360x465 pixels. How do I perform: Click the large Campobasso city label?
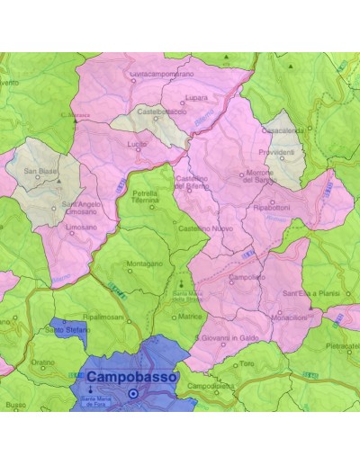[132, 378]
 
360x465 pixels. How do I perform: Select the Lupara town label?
[195, 96]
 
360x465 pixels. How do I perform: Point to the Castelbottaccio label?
[163, 112]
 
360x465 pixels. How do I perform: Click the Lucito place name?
[138, 144]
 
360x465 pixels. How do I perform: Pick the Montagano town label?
[144, 264]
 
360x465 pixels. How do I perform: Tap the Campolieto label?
[247, 278]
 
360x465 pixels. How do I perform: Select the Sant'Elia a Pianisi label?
[308, 293]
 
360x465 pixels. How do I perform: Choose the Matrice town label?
[189, 317]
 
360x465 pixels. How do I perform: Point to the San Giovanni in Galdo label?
[233, 337]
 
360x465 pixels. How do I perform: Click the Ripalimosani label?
[101, 317]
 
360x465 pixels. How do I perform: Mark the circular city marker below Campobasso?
[133, 393]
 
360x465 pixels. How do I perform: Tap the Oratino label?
[42, 363]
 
